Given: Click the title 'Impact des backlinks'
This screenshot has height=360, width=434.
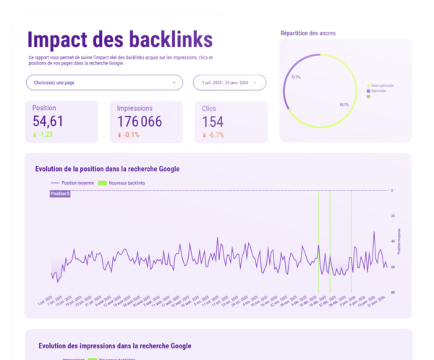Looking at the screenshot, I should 119,38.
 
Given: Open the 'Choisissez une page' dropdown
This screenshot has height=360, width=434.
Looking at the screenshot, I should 104,83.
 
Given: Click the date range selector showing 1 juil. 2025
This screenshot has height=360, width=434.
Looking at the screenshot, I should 229,83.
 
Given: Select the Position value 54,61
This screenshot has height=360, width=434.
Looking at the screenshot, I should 48,122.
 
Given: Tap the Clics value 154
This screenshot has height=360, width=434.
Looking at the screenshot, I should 213,122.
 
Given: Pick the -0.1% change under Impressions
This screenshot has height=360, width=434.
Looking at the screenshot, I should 130,135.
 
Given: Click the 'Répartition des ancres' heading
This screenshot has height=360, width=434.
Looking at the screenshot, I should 307,33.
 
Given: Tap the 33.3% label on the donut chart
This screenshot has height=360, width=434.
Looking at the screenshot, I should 296,76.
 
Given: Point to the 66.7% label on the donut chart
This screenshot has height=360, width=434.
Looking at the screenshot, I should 344,104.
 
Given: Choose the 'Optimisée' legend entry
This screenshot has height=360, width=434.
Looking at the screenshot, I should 380,91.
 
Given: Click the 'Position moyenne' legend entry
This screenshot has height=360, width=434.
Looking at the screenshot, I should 75,183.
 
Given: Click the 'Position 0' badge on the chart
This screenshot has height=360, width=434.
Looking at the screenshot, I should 60,194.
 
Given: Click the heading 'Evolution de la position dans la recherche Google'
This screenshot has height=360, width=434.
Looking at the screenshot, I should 107,169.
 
